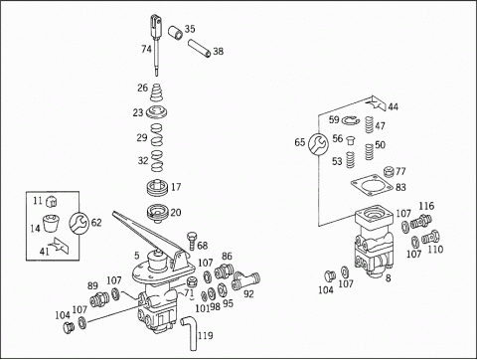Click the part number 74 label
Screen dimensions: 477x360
(146, 49)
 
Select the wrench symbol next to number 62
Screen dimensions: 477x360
(79, 222)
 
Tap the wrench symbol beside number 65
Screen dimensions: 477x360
(318, 143)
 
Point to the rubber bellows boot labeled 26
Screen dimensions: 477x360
(156, 92)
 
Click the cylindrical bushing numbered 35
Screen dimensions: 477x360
(175, 33)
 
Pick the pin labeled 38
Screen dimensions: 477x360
(199, 49)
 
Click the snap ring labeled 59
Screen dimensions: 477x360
(351, 121)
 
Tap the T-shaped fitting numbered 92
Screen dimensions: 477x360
(246, 280)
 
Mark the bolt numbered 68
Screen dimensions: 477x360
(192, 242)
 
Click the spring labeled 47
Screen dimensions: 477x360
(370, 124)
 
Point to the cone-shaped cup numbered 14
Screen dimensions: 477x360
(51, 222)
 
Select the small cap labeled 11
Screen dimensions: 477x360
(51, 201)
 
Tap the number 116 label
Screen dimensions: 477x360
(426, 206)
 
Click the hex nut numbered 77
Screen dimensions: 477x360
(389, 172)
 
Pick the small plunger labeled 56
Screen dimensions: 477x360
(350, 140)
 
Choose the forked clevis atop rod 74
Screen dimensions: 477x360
(156, 25)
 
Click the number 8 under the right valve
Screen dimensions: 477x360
(388, 277)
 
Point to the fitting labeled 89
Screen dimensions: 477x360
(98, 299)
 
